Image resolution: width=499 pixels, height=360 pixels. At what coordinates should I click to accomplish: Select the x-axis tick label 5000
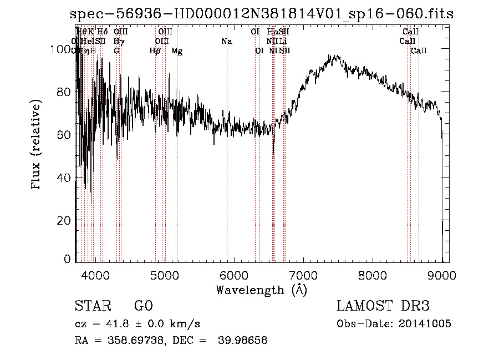(x=164, y=275)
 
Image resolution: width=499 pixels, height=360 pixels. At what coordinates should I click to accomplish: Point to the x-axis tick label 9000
(x=441, y=275)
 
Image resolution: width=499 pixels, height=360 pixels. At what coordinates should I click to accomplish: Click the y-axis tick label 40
(x=65, y=178)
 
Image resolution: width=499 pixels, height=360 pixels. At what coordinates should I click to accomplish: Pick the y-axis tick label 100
(x=62, y=50)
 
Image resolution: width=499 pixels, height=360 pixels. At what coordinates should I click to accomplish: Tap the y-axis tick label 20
(x=65, y=220)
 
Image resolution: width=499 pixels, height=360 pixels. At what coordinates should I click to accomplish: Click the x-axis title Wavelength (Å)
(x=261, y=290)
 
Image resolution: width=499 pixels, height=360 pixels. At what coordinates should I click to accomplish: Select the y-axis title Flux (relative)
(x=37, y=145)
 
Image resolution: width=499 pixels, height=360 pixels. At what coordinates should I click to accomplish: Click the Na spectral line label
(x=226, y=42)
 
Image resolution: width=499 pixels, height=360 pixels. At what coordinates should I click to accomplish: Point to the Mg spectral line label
(x=177, y=51)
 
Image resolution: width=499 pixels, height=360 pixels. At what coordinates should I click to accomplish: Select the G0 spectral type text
(x=143, y=306)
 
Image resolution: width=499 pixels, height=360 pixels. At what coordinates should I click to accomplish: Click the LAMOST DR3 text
(x=383, y=306)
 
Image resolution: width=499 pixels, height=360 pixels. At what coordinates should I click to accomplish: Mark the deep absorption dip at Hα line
(x=273, y=150)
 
